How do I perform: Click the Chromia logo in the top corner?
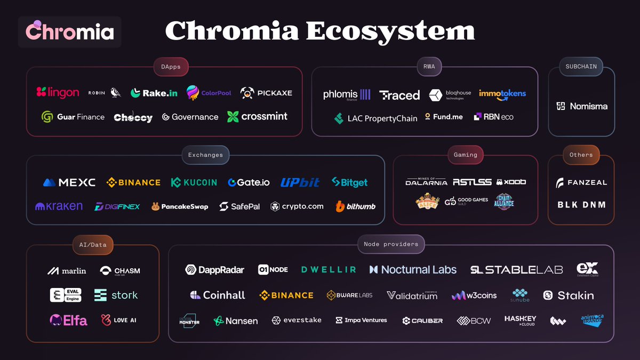pos(70,32)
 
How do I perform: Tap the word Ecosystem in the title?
pos(390,31)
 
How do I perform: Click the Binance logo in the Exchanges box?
pos(133,182)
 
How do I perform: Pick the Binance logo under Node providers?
pos(286,295)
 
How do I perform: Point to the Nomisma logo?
pos(581,106)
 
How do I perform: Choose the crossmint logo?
pos(257,116)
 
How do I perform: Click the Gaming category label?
pos(465,155)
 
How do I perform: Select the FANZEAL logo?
pos(581,183)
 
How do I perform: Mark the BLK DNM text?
pos(581,205)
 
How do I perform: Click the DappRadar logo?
pos(214,270)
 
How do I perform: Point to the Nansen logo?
pos(236,321)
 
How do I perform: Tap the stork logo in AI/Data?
pos(116,295)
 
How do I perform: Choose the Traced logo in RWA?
pos(399,95)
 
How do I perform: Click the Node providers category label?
pos(391,244)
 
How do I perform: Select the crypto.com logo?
pos(297,206)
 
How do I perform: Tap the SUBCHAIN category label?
pos(581,67)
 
